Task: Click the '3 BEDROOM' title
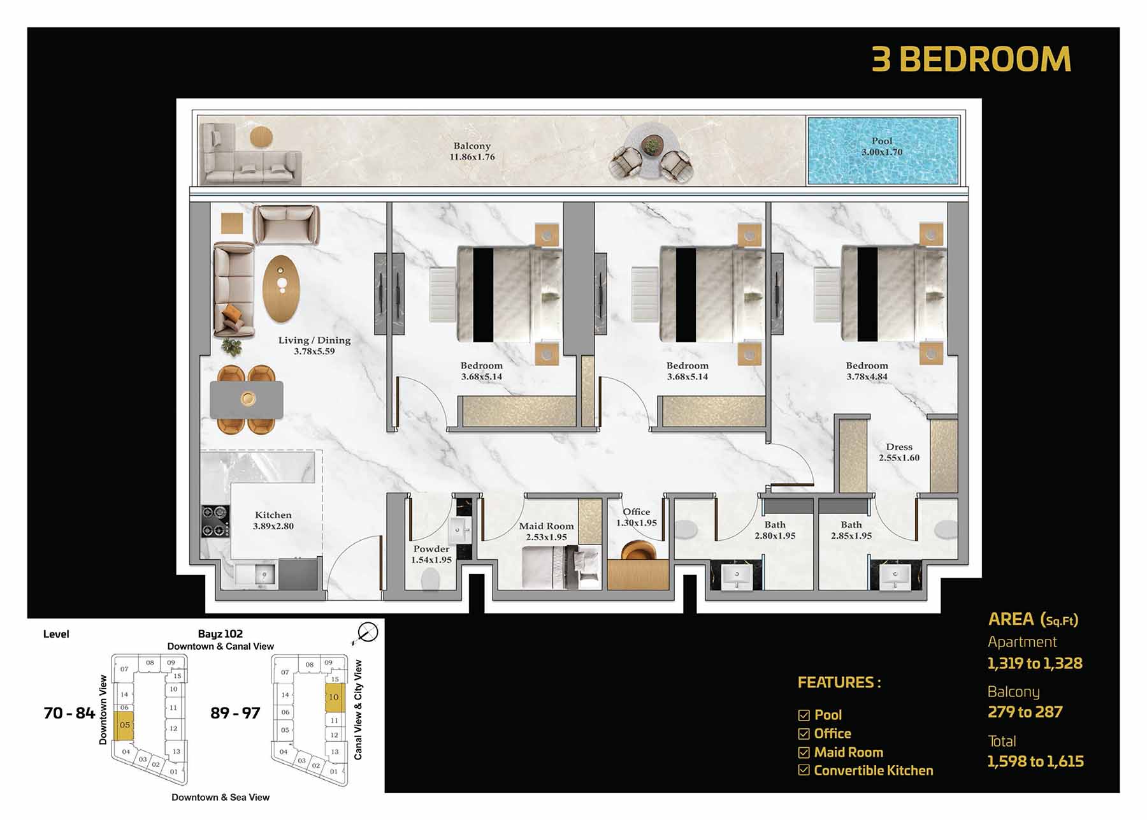[971, 59]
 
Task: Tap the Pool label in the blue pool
[882, 147]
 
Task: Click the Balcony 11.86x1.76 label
[472, 151]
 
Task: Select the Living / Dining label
[314, 345]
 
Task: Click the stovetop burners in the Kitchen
[215, 520]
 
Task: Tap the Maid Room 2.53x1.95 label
[546, 531]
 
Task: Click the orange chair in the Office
[638, 550]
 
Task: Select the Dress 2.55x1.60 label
[898, 452]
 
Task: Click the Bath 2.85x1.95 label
[851, 530]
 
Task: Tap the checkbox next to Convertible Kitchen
[804, 770]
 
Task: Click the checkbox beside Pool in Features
[804, 715]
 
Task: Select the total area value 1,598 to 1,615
[1035, 761]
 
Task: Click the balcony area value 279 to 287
[1025, 712]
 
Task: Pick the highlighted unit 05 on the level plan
[124, 726]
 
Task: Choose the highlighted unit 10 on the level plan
[335, 698]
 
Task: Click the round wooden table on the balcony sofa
[261, 137]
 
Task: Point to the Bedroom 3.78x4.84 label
[867, 370]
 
